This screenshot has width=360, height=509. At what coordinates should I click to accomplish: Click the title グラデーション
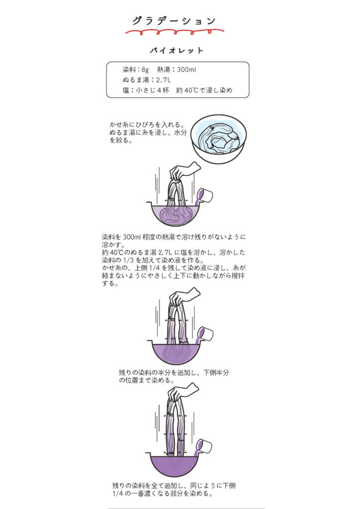coord(175,21)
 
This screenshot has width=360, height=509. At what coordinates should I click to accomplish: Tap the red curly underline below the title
coord(175,32)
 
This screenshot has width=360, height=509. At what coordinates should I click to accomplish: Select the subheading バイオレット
coord(177,51)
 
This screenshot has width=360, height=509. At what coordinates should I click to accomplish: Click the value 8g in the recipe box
coord(145,70)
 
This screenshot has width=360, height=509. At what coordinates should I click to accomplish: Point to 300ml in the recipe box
coord(186,70)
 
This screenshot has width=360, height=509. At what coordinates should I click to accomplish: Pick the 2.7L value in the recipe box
coord(163,80)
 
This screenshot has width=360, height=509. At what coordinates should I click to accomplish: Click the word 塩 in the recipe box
coord(126,90)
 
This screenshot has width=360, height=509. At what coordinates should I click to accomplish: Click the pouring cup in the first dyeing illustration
coord(204,196)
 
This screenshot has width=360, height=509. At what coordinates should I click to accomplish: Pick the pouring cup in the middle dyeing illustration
coord(204,335)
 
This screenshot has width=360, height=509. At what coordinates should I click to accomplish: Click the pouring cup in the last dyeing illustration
coord(203,447)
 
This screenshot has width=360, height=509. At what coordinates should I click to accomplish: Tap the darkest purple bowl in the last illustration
coord(175,465)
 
